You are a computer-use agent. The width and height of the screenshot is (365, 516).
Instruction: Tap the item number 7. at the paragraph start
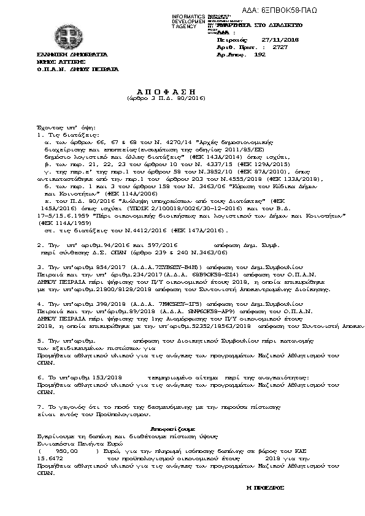coord(40,406)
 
